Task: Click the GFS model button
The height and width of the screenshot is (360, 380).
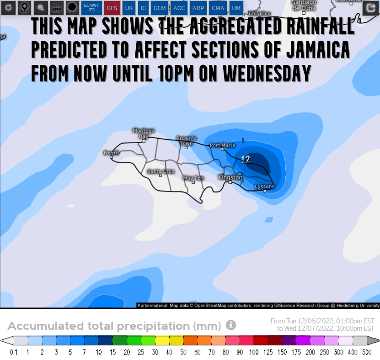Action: [x=112, y=8]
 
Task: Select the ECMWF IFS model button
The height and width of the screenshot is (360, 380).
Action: [x=91, y=8]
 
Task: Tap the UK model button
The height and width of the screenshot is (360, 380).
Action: [x=129, y=8]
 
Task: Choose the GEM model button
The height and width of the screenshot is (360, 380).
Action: [x=160, y=8]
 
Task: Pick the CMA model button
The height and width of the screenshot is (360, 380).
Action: [x=218, y=8]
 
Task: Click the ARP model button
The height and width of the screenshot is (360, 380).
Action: [x=198, y=8]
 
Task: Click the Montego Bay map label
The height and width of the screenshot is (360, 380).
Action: [x=144, y=133]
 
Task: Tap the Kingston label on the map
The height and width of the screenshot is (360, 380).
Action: [x=230, y=177]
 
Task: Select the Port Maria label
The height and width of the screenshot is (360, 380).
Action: [x=222, y=145]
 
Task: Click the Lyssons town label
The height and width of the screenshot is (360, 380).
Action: [x=264, y=187]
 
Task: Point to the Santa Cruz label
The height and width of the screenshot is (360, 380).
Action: [x=161, y=171]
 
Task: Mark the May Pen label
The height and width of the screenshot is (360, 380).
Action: [x=193, y=177]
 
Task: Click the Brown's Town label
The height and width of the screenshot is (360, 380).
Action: [x=187, y=140]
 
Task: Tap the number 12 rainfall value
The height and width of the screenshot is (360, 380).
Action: [x=246, y=159]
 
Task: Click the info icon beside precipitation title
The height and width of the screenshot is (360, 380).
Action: [x=231, y=325]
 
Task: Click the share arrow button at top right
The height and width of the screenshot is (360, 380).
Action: [x=369, y=8]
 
